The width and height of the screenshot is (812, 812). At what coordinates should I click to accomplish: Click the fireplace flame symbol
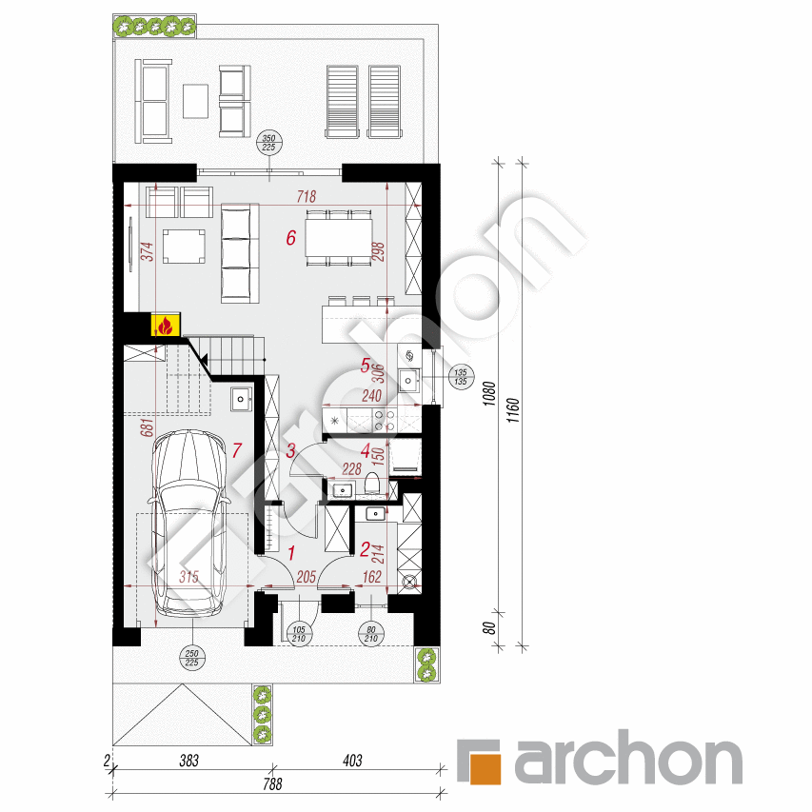[166, 326]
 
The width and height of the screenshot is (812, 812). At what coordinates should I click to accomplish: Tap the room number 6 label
[291, 238]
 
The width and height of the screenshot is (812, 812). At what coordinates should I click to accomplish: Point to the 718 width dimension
[306, 197]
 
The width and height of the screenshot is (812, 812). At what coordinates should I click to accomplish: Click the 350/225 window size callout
[268, 144]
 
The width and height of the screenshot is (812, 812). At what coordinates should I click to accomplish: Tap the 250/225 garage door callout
[191, 658]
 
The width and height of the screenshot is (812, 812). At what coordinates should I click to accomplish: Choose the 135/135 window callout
[461, 378]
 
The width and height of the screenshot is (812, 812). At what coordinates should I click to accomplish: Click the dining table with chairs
[338, 237]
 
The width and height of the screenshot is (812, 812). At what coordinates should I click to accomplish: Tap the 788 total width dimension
[273, 784]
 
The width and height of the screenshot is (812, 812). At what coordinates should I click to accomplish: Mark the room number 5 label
[365, 364]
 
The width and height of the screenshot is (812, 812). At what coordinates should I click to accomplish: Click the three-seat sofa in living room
[240, 252]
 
